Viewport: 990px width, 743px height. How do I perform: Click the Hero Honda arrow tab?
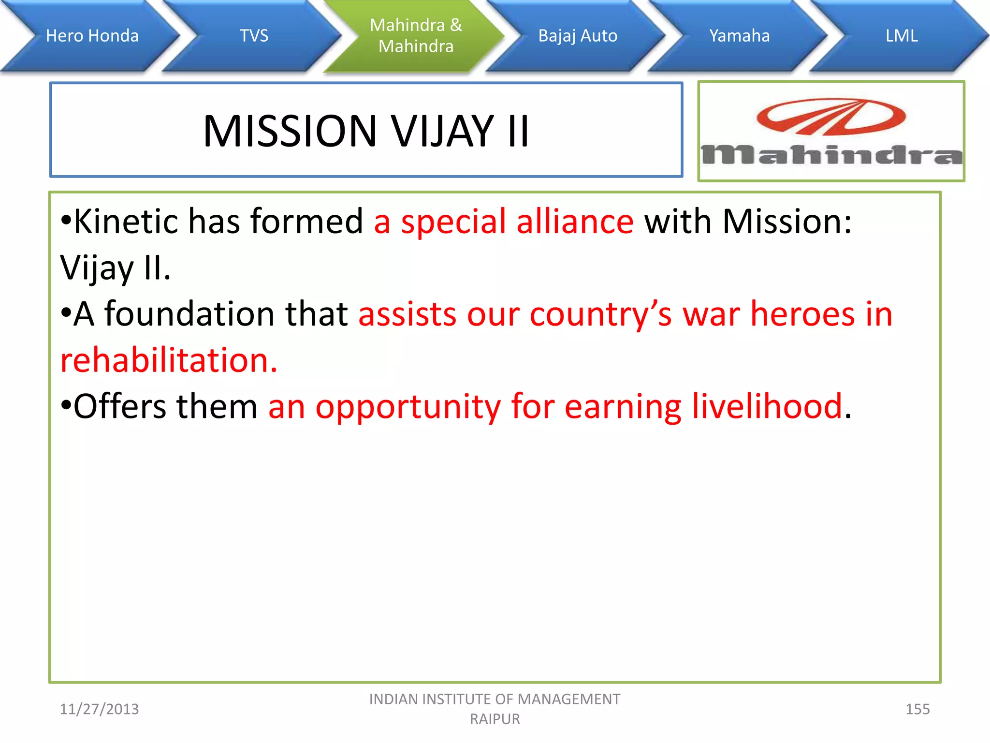(92, 36)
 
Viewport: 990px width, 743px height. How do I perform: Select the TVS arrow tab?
(254, 36)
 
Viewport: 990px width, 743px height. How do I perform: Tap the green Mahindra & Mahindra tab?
(416, 36)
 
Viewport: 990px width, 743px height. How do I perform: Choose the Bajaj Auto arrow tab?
(578, 36)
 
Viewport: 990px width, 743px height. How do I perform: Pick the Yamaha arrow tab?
(739, 36)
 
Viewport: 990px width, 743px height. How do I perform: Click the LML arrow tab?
(902, 36)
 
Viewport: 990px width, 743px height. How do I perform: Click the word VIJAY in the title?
(442, 131)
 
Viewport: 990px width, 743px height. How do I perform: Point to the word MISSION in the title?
(290, 131)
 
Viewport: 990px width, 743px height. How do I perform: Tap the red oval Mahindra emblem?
(831, 117)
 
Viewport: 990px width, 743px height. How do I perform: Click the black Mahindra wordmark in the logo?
(831, 155)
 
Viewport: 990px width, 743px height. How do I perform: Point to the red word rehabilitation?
(169, 360)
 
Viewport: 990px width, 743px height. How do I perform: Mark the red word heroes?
(802, 314)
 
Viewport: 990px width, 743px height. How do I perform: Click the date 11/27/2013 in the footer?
(99, 709)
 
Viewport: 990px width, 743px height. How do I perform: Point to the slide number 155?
(917, 709)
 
